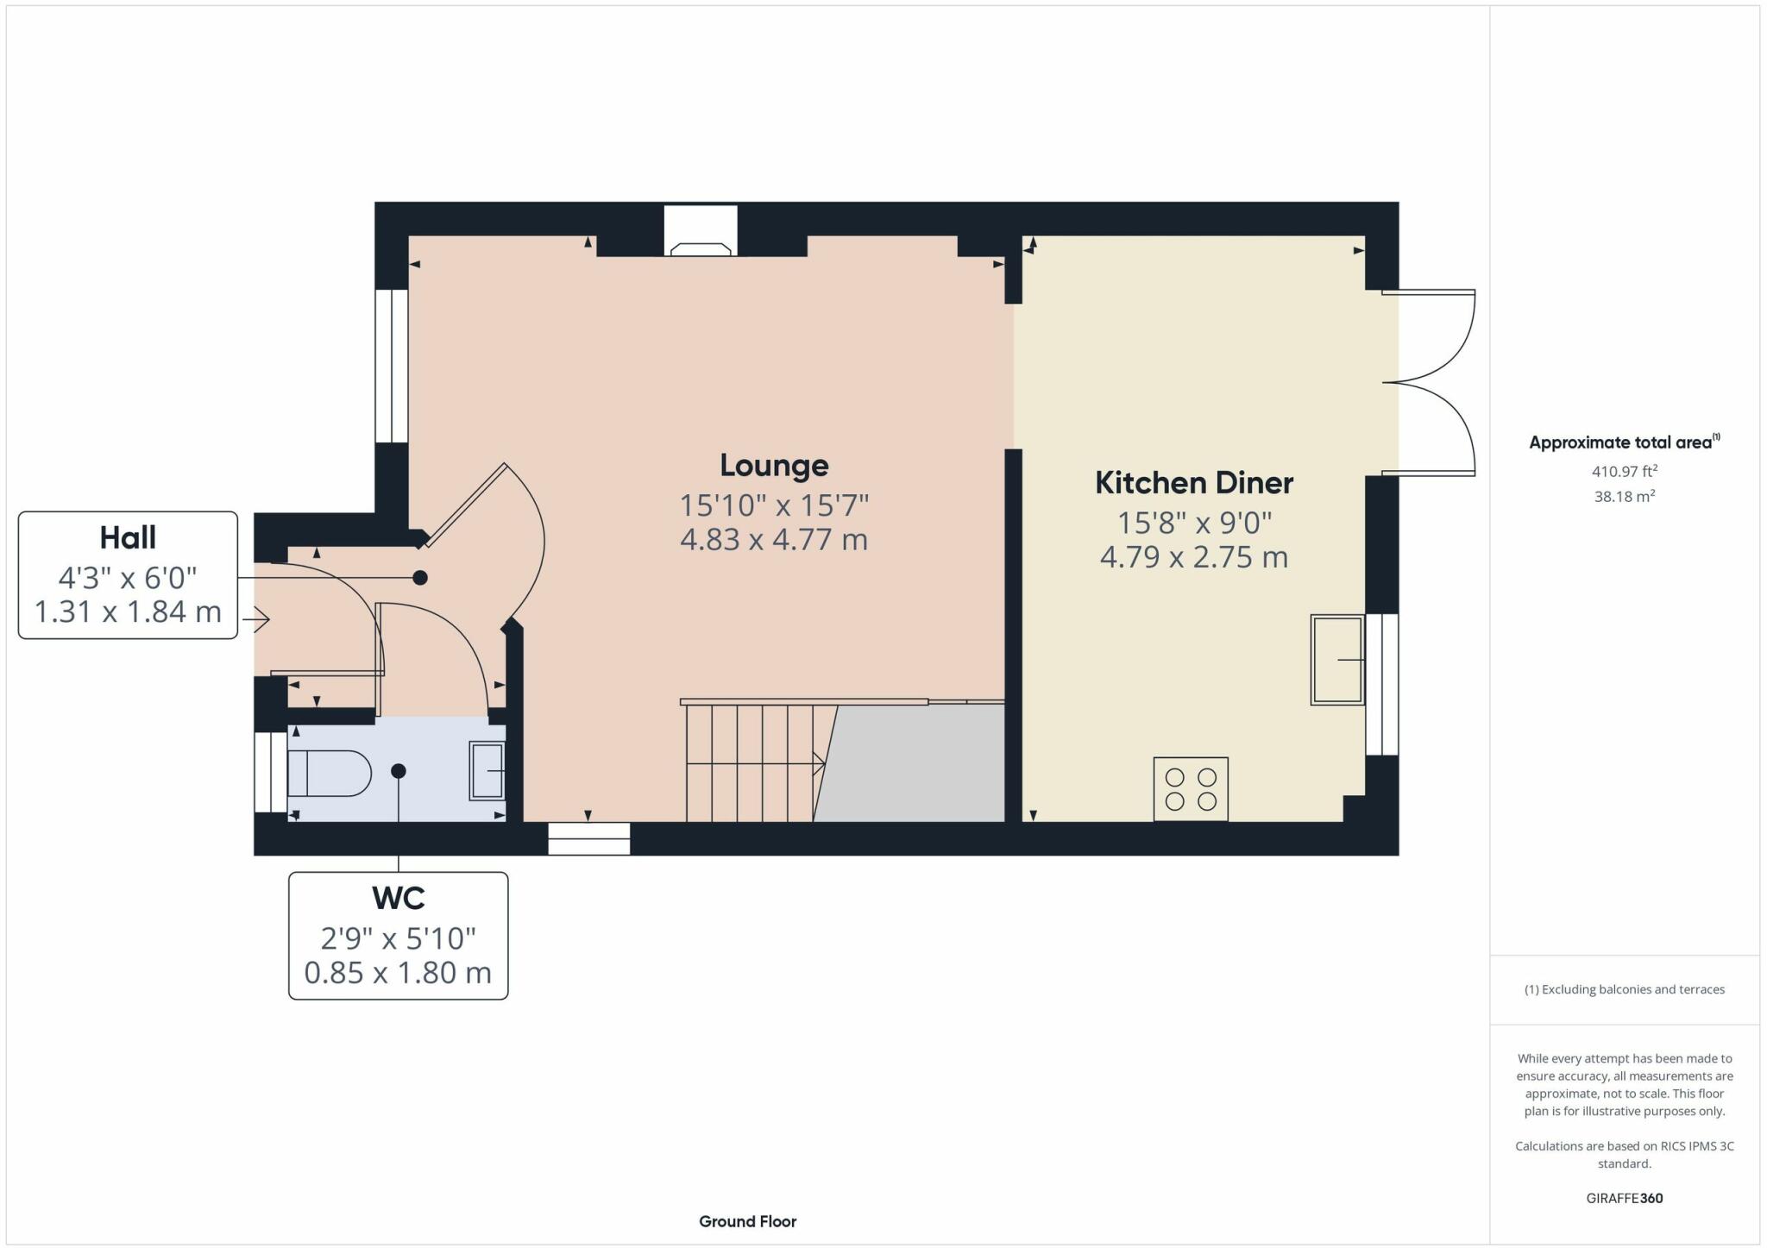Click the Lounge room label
click(x=774, y=466)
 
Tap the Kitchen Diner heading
click(x=1194, y=483)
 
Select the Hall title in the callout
click(x=128, y=537)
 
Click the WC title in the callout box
click(x=398, y=898)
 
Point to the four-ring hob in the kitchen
click(x=1191, y=789)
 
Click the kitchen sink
click(x=1337, y=660)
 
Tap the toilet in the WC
click(x=329, y=773)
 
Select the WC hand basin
click(x=487, y=770)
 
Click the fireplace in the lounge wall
click(x=701, y=231)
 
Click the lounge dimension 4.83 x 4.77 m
click(x=774, y=540)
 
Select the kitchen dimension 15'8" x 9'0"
click(x=1194, y=523)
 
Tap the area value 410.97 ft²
click(x=1625, y=471)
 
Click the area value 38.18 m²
click(x=1625, y=496)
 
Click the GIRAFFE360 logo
click(x=1625, y=1198)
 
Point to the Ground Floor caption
click(x=748, y=1221)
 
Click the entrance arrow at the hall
click(x=256, y=619)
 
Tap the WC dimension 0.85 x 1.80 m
click(x=398, y=973)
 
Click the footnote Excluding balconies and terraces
click(x=1625, y=989)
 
